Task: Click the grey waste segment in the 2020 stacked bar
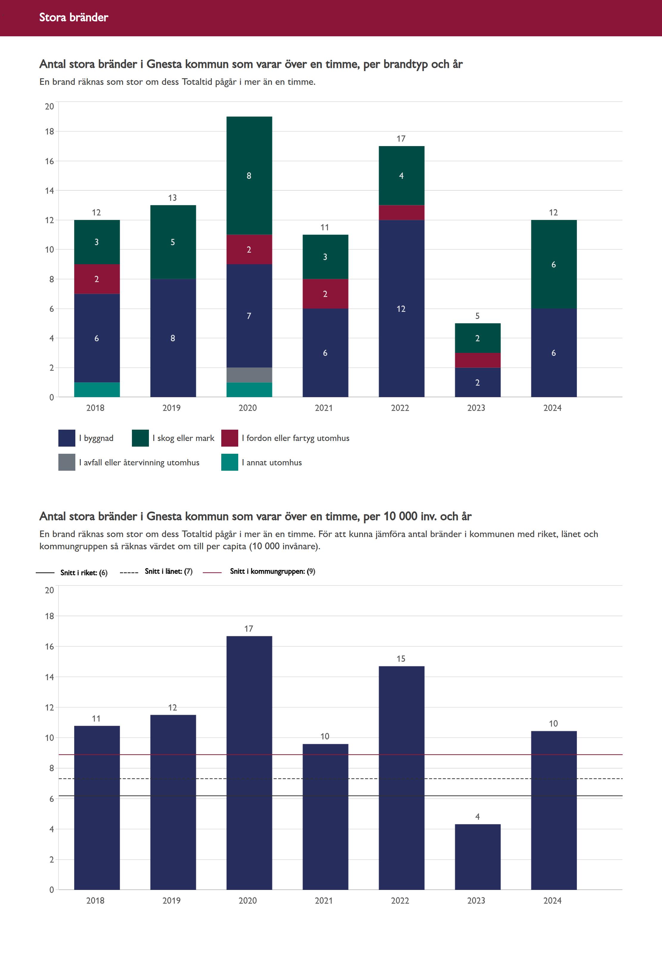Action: (249, 375)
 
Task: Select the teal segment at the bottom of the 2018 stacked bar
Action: (97, 389)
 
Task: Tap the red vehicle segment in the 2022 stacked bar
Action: (401, 212)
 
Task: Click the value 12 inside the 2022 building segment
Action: (401, 309)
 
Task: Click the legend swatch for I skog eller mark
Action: (140, 438)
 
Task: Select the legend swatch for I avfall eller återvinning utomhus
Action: (67, 462)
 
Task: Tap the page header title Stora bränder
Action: (74, 17)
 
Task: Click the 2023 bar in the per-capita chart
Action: (477, 857)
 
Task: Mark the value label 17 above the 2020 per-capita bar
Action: (248, 629)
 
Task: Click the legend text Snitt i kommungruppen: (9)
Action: (272, 572)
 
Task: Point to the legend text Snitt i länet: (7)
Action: (169, 572)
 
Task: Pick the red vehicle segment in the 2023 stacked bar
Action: (477, 360)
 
